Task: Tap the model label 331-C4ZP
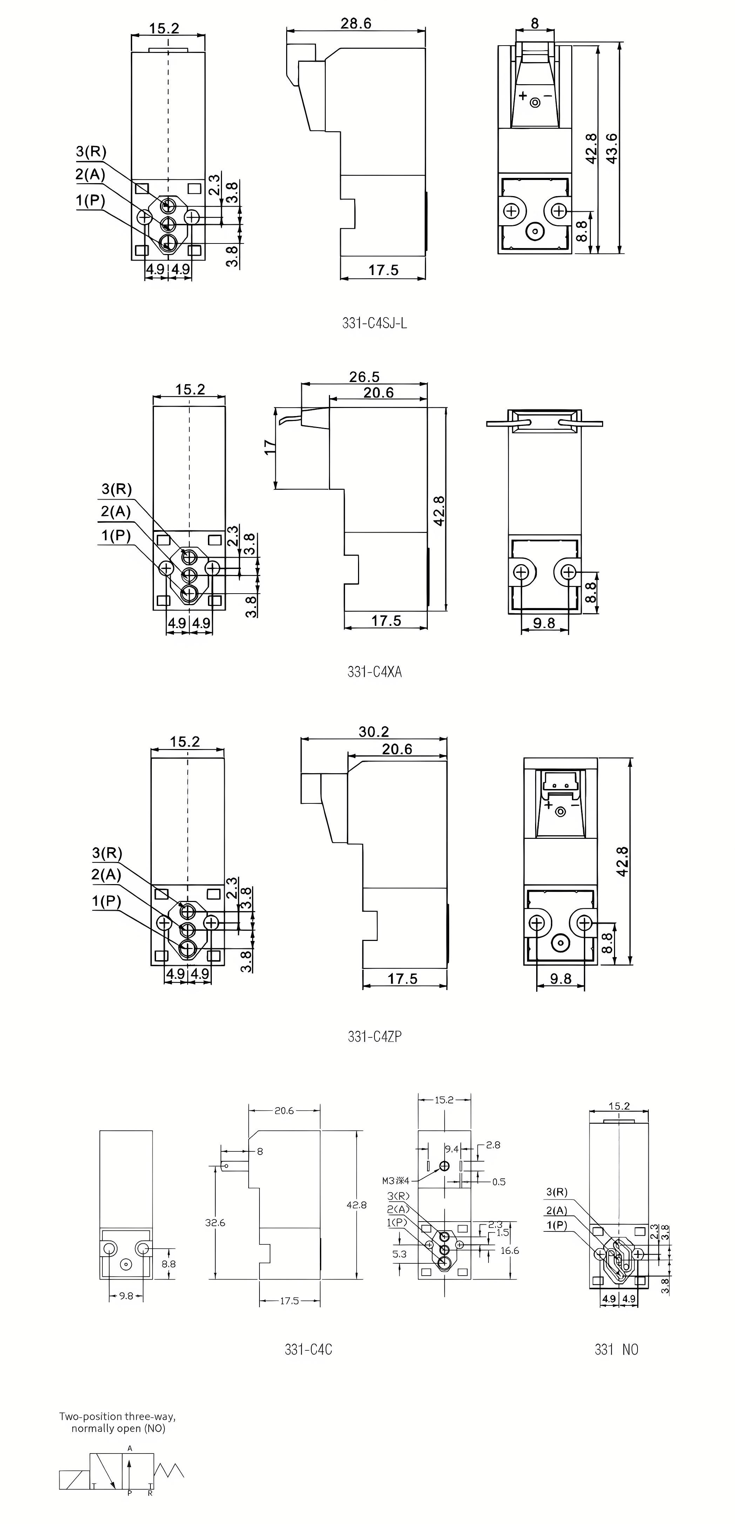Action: [374, 1036]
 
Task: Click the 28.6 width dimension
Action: [355, 23]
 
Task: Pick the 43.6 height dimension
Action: [612, 148]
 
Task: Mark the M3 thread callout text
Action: [395, 1182]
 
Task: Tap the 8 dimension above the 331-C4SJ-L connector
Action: [534, 23]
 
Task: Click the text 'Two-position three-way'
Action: [117, 1416]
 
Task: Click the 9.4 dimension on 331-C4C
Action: [452, 1149]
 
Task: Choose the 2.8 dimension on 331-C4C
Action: [493, 1145]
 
